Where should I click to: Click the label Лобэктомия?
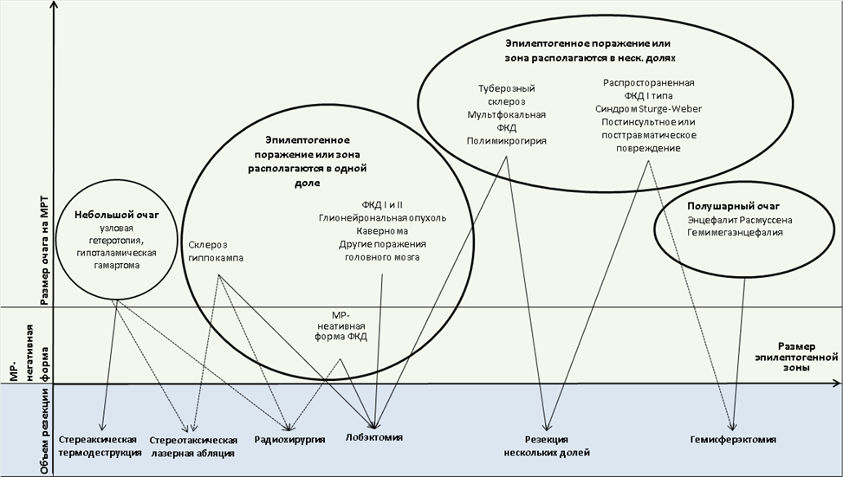tap(373, 437)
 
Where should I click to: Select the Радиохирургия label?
tap(289, 440)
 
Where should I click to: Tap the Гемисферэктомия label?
tap(733, 440)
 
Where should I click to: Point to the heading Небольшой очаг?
tap(117, 215)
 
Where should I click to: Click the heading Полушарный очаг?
tap(733, 206)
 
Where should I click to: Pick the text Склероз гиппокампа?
tap(216, 251)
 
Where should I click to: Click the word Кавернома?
tap(382, 231)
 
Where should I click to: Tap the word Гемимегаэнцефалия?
tap(735, 233)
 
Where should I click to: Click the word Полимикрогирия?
tap(507, 141)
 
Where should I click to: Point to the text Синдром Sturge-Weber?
tap(648, 108)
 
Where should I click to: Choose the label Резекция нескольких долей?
tap(546, 446)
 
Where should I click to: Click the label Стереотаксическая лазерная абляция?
tap(193, 447)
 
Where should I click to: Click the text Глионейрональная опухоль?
tap(382, 218)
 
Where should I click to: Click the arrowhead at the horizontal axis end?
tap(837, 384)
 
